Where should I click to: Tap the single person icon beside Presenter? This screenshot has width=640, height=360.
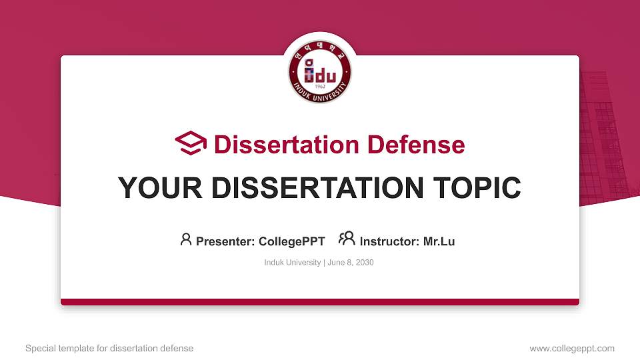coord(186,239)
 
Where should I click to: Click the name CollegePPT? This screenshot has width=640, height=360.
coord(291,241)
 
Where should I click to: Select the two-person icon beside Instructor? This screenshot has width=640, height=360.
coord(346,239)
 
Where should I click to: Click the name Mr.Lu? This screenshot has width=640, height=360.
coord(439,241)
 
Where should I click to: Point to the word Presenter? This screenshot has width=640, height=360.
coord(225,241)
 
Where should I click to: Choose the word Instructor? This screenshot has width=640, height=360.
coord(389,241)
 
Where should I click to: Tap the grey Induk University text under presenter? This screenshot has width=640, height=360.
coord(293,263)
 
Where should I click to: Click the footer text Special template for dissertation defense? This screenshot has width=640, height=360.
coord(109,348)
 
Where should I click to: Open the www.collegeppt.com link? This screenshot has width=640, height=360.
coord(572,348)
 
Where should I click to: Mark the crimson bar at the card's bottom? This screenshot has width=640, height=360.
coord(320,302)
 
